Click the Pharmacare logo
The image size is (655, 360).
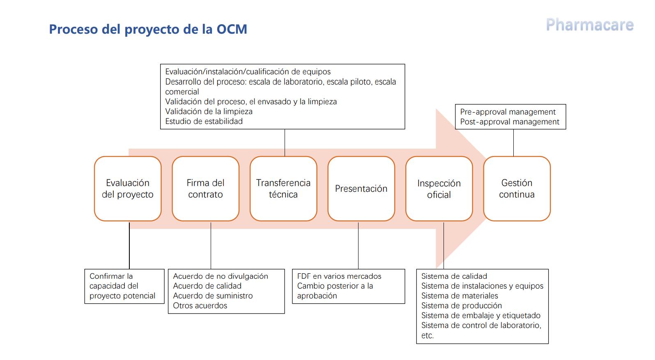pos(590,25)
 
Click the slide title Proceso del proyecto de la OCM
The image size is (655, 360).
pos(148,29)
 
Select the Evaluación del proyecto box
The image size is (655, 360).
pos(128,188)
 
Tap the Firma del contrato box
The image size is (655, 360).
pos(206,188)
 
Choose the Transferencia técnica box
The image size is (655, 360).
pos(283,188)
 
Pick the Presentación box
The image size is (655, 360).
pos(361,188)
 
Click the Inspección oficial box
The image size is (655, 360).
pos(439,188)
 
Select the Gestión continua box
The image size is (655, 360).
pos(517,188)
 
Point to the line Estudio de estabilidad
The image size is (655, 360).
pos(204,121)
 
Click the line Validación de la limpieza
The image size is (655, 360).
pos(209,111)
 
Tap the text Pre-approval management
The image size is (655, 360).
pos(508,112)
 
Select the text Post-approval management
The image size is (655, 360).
pos(510,122)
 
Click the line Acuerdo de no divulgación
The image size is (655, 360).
pos(221,276)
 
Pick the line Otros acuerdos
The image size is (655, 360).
pos(200,306)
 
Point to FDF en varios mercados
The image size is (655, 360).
pos(339,276)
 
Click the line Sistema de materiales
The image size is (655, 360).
pos(460,296)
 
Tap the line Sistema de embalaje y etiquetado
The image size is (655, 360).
pos(481,316)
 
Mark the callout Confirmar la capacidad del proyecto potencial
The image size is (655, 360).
pos(124,287)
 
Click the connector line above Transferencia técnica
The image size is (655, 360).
pos(285,142)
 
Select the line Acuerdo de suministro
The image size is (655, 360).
pos(213,296)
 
